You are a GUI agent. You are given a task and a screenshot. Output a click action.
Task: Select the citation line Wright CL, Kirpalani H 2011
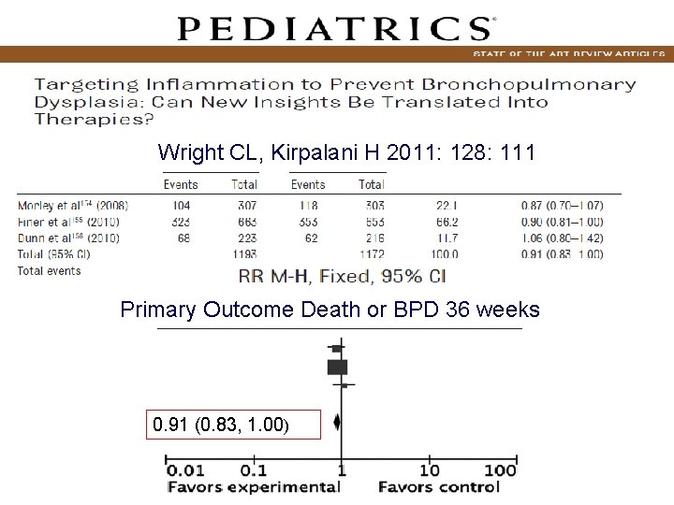click(x=346, y=151)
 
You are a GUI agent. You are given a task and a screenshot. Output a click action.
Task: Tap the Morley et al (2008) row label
click(x=73, y=206)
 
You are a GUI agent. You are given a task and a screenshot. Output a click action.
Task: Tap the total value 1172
click(x=371, y=254)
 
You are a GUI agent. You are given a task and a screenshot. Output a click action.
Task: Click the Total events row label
click(x=49, y=271)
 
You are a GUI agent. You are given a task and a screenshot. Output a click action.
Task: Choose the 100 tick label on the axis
click(x=501, y=469)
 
